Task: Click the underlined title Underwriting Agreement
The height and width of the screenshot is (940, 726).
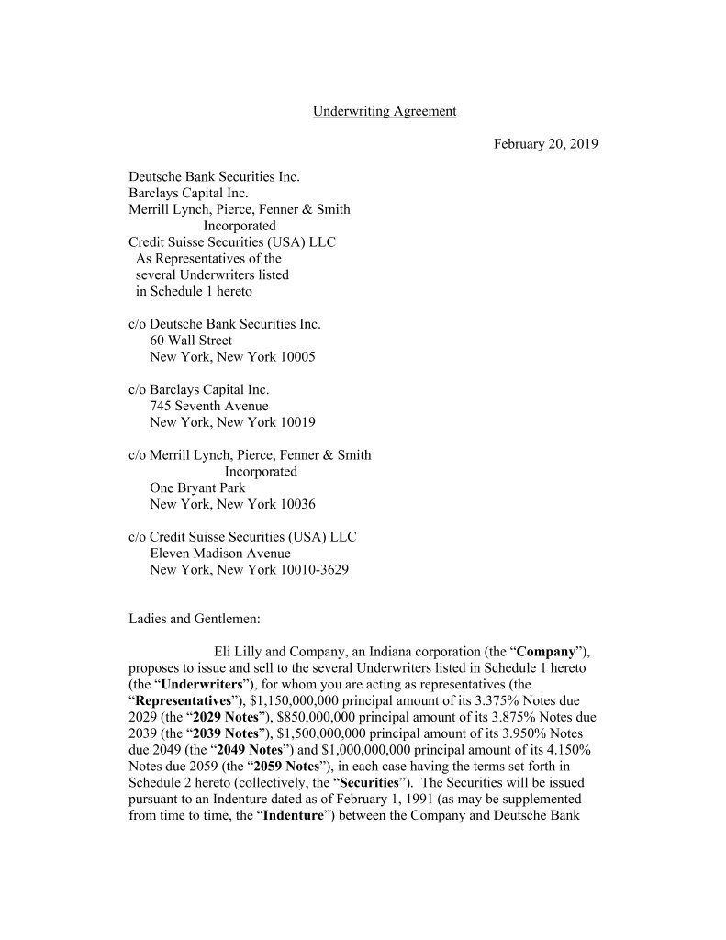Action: click(385, 111)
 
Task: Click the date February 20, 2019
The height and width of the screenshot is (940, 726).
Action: click(546, 144)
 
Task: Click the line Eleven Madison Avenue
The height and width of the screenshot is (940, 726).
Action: click(220, 554)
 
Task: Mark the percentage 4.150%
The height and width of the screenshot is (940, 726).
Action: click(560, 751)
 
